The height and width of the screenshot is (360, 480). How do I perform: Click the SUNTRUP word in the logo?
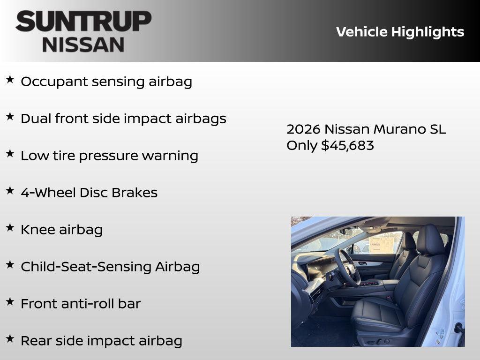click(83, 22)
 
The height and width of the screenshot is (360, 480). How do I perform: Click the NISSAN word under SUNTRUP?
click(83, 44)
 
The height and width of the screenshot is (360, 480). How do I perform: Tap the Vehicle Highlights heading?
click(400, 32)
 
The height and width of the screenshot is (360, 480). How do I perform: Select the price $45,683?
click(347, 145)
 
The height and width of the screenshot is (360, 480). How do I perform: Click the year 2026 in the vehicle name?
click(303, 129)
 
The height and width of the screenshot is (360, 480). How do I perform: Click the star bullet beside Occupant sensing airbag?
click(10, 80)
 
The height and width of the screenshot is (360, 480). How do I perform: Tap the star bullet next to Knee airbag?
click(10, 228)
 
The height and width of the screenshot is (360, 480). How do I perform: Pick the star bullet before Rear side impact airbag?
click(10, 339)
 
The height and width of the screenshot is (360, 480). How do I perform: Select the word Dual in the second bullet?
click(36, 119)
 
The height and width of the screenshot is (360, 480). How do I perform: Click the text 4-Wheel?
click(48, 193)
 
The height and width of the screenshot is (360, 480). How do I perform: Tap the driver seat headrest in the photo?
click(430, 240)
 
